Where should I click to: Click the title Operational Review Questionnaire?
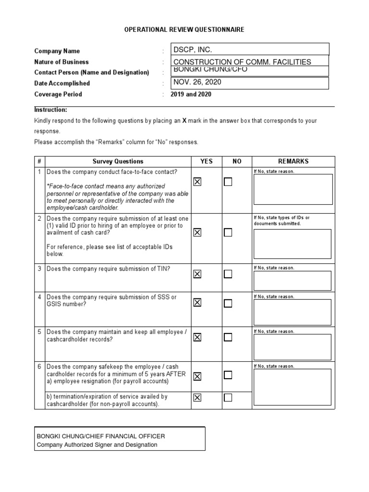point(184,30)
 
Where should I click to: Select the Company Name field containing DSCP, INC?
point(250,49)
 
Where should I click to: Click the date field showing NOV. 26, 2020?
point(250,83)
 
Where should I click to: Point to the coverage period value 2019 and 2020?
point(191,94)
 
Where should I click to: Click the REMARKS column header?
point(293,161)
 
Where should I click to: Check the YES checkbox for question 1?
point(197,182)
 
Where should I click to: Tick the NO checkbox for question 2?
point(228,233)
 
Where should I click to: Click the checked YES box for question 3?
point(197,274)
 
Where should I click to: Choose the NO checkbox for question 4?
point(228,303)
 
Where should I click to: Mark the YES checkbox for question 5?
point(197,337)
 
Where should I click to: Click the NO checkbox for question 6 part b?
point(228,397)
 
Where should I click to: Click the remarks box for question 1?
point(292,189)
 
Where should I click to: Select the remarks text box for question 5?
point(292,347)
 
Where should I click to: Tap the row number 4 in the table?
point(39,297)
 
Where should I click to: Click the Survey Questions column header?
point(118,161)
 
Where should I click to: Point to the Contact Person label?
point(91,73)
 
